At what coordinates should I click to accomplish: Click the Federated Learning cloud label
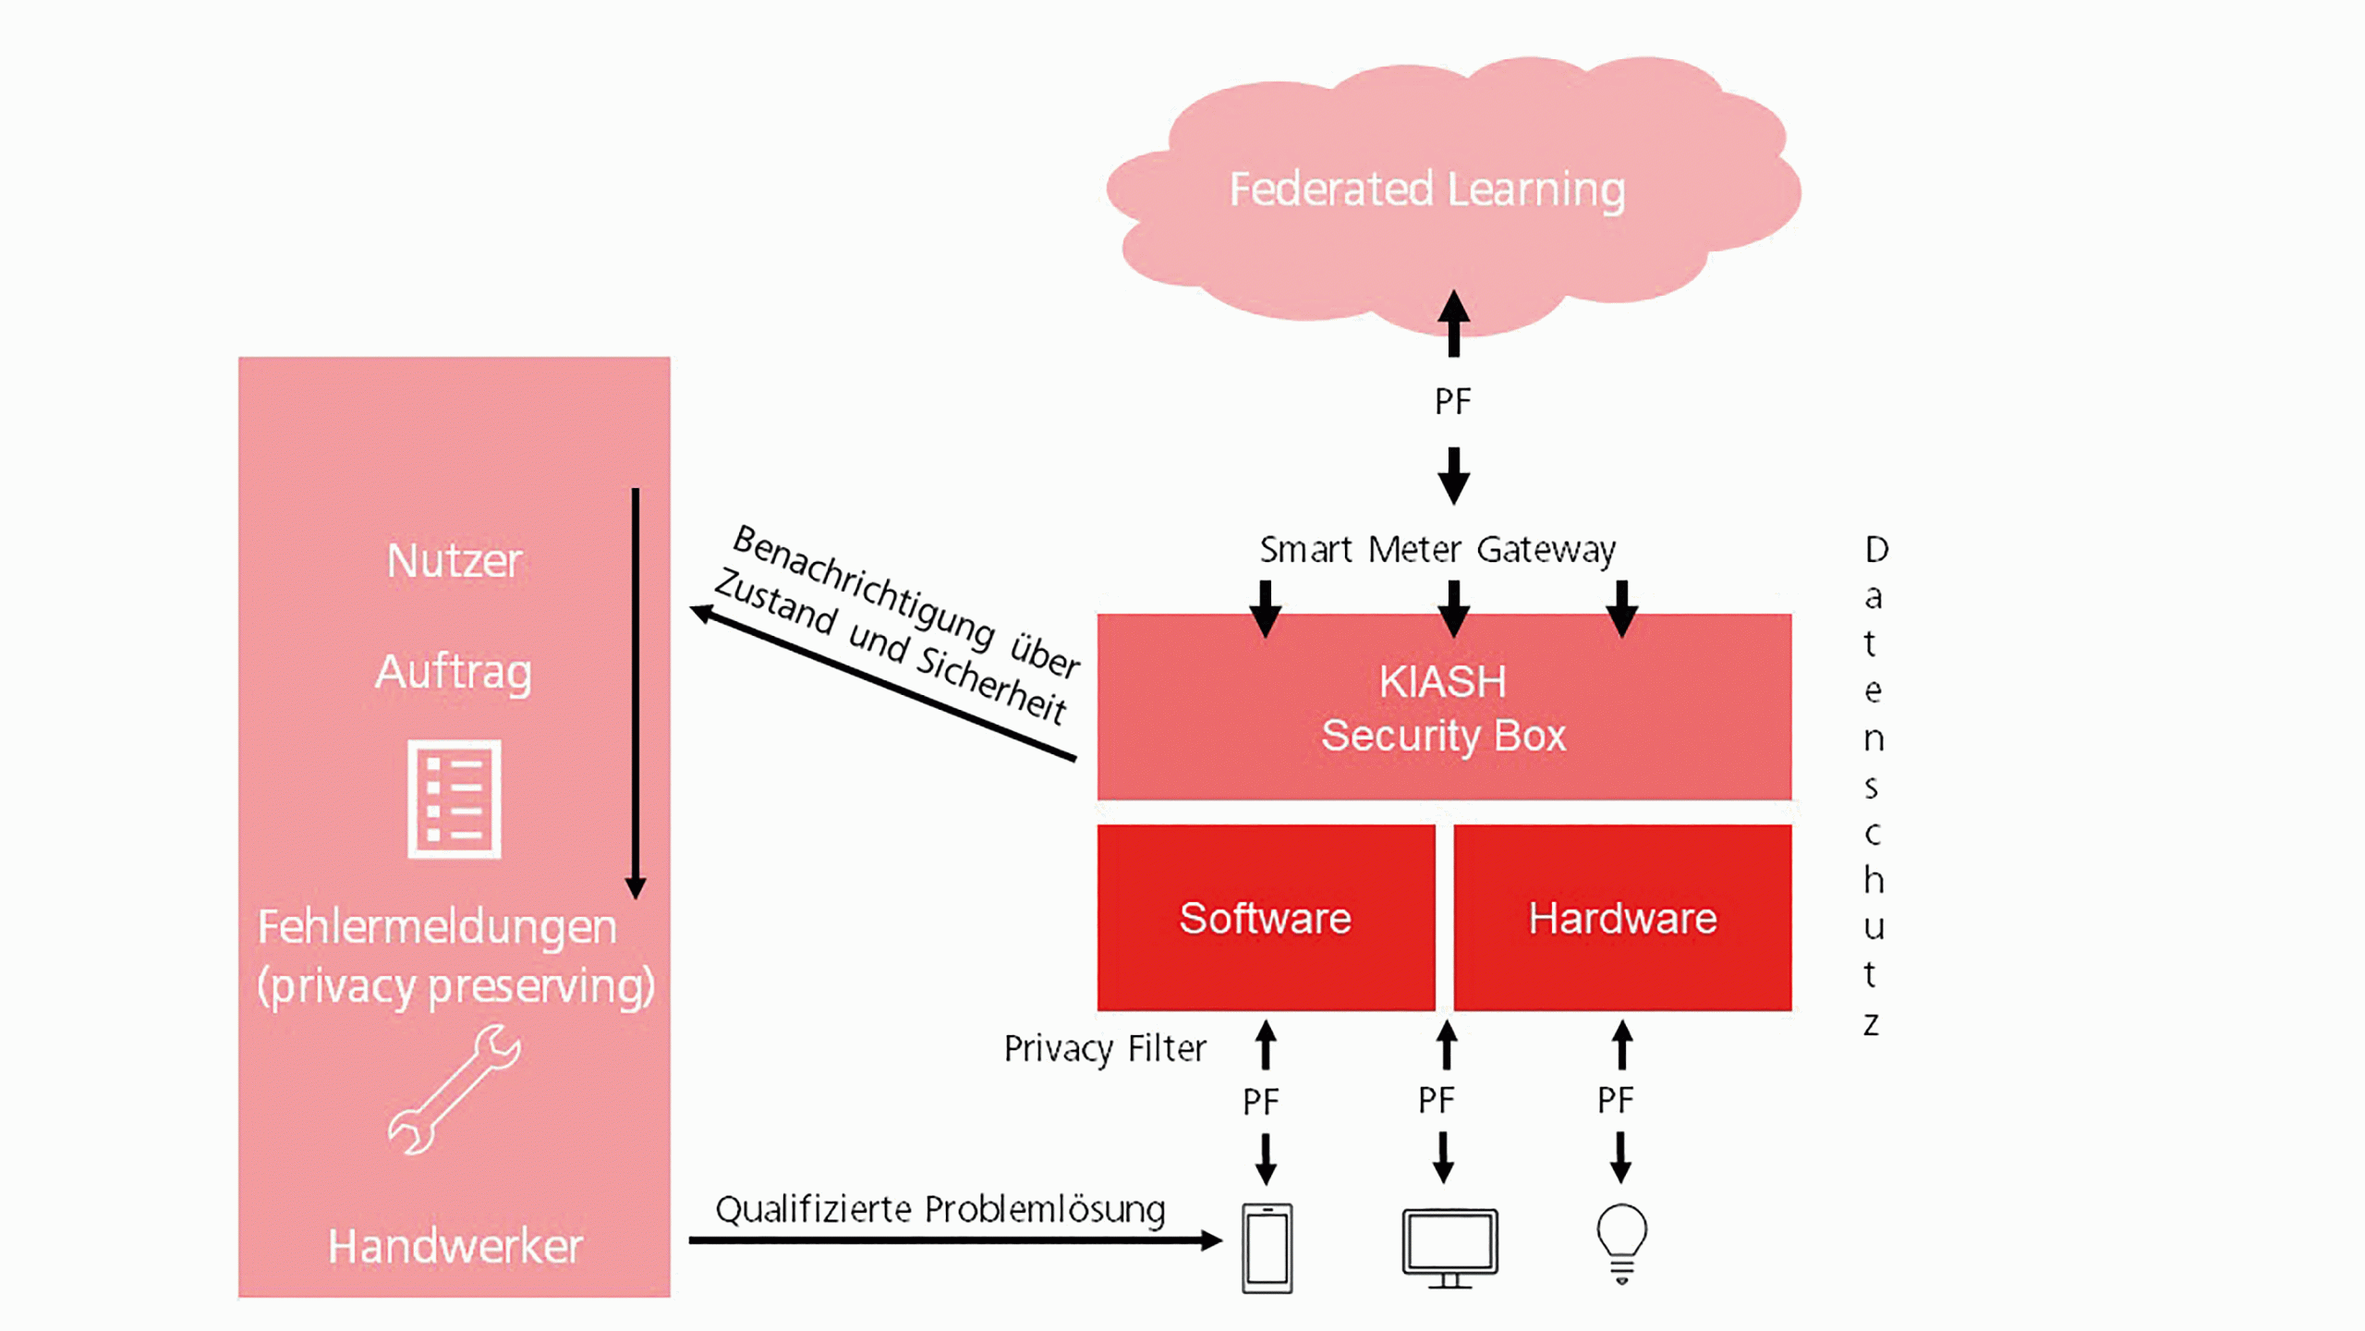(x=1426, y=189)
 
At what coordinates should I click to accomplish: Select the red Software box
(x=1266, y=918)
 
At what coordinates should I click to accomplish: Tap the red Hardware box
(x=1622, y=918)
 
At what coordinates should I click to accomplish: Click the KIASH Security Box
(x=1443, y=708)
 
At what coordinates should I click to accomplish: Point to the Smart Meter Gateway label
(x=1437, y=550)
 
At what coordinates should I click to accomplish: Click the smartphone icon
(x=1267, y=1248)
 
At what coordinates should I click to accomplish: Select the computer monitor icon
(x=1449, y=1247)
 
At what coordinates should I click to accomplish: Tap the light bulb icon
(x=1621, y=1241)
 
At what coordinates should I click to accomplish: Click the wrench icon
(x=454, y=1091)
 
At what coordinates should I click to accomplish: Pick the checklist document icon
(x=454, y=799)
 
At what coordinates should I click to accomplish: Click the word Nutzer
(x=454, y=560)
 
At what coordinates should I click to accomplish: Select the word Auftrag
(x=454, y=672)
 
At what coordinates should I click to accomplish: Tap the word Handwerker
(x=455, y=1246)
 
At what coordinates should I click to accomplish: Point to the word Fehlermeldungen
(x=437, y=927)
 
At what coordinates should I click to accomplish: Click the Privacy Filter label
(x=1105, y=1049)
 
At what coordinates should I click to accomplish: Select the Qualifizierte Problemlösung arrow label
(x=940, y=1209)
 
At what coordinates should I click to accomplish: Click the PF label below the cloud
(x=1452, y=402)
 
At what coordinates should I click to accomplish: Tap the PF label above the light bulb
(x=1616, y=1100)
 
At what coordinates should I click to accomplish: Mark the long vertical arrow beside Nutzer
(x=636, y=693)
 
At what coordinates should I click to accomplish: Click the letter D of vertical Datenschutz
(x=1876, y=550)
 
